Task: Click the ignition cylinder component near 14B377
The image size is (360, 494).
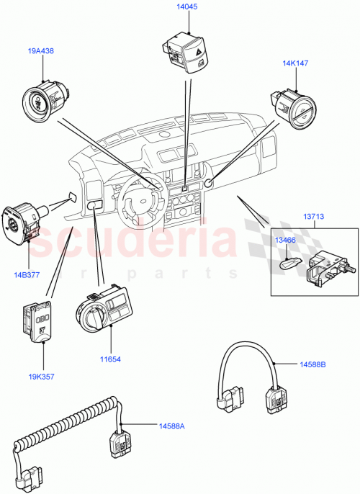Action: pos(22,220)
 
